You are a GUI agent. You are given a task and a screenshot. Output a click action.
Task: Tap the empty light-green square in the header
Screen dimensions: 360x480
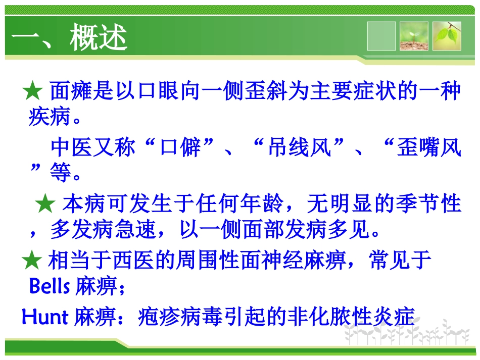381,36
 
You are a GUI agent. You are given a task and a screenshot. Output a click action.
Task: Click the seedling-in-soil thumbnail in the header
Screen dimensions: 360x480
413,36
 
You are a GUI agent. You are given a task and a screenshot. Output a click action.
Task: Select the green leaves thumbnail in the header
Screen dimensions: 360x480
447,36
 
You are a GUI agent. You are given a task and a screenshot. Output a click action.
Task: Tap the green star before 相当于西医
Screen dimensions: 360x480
32,261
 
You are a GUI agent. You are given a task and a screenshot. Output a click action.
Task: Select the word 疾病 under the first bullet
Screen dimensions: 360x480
48,119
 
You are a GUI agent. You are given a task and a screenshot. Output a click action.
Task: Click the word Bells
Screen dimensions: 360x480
50,288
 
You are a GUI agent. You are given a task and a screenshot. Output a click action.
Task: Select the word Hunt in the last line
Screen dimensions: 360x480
45,317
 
